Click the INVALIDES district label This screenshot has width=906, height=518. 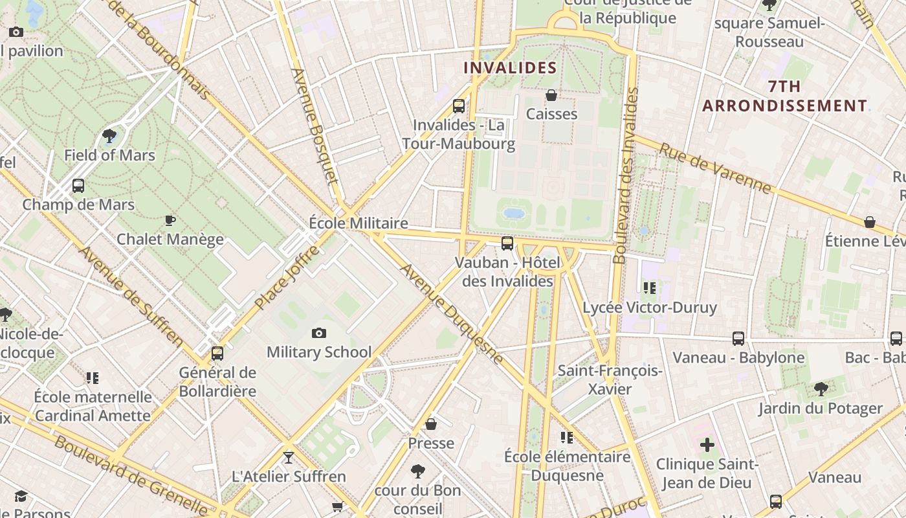(510, 67)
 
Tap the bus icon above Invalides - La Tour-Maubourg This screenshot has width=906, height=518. (459, 106)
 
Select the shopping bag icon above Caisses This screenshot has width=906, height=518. (551, 96)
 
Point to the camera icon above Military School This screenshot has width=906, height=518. (319, 333)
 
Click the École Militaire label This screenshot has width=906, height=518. (359, 223)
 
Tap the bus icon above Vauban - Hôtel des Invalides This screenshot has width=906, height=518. (507, 243)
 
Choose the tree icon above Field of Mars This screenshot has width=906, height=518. (109, 136)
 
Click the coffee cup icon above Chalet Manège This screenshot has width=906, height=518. (170, 220)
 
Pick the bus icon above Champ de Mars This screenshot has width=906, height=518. (78, 186)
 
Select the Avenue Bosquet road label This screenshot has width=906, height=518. (315, 126)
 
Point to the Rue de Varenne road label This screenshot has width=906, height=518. (715, 168)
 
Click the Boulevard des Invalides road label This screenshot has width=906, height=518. (625, 175)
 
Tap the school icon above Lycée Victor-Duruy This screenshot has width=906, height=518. (650, 288)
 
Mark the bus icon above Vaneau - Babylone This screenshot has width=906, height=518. (738, 339)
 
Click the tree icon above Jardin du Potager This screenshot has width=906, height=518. (821, 389)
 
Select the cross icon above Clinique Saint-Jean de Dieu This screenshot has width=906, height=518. (707, 445)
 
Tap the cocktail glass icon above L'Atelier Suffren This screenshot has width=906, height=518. (289, 458)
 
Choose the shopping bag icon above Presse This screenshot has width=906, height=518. (431, 424)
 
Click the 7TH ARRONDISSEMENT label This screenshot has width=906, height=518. (784, 96)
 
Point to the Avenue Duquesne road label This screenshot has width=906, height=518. (452, 313)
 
